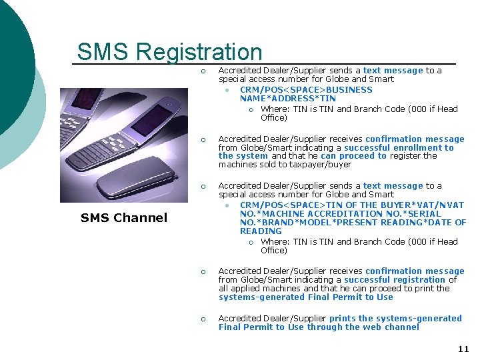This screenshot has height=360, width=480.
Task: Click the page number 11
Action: pyautogui.click(x=463, y=349)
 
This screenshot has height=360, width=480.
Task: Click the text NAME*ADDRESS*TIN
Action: pyautogui.click(x=288, y=99)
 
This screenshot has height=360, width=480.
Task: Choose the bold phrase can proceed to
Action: pyautogui.click(x=353, y=156)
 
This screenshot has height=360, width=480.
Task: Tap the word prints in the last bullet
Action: pyautogui.click(x=343, y=319)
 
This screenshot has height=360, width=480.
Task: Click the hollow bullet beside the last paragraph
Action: pyautogui.click(x=204, y=319)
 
